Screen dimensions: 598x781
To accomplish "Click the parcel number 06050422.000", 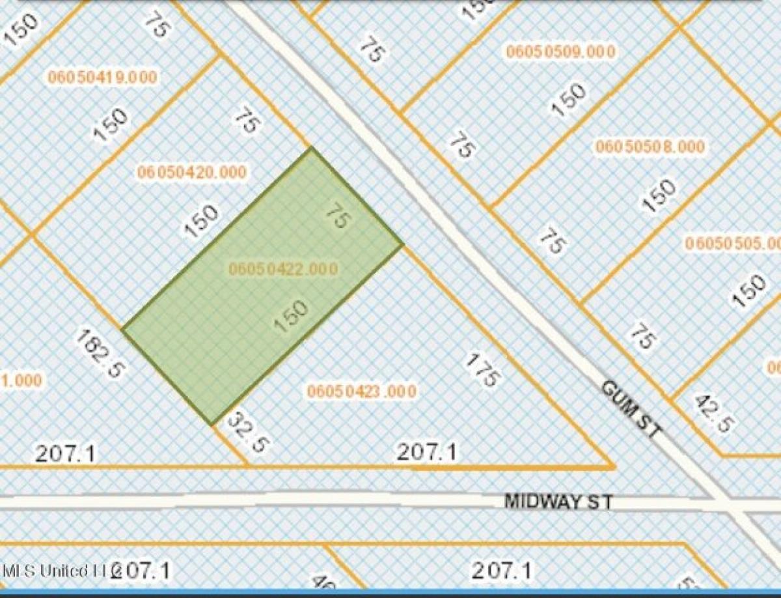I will [x=283, y=268].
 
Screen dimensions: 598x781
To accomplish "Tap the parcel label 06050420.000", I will [x=192, y=173].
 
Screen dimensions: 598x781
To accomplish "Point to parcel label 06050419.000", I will [x=102, y=78].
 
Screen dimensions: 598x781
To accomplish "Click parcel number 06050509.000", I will [x=560, y=53].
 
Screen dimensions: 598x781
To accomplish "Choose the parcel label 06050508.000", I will [x=650, y=147].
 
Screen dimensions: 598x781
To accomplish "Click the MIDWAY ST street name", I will [x=558, y=502].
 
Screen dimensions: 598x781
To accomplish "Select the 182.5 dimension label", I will [x=100, y=352].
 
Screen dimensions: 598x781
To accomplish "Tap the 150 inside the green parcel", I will [x=290, y=317].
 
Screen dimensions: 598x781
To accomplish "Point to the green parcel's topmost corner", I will [x=311, y=148].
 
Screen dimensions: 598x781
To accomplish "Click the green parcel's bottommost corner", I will [x=213, y=425].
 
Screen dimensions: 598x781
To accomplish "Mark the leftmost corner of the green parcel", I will [x=122, y=328].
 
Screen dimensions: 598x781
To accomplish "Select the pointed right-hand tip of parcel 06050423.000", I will [x=614, y=466].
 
